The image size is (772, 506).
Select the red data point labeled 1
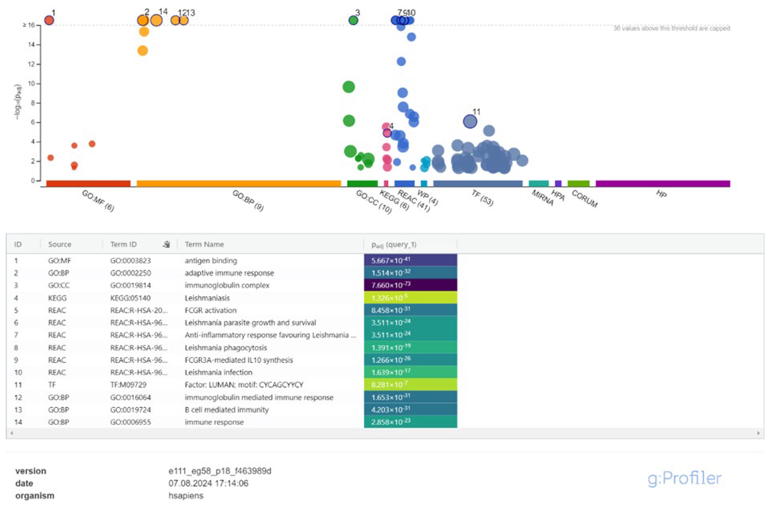tap(49, 20)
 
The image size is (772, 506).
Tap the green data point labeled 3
tap(353, 20)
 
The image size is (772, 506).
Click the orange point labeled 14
tap(156, 20)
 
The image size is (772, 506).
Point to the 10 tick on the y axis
tap(31, 84)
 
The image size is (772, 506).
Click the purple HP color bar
tap(663, 184)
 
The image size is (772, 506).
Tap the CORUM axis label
tap(584, 199)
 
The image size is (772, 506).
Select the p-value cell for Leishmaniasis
tap(410, 298)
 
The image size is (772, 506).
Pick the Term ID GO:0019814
tap(130, 285)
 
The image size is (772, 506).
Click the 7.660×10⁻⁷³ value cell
tap(410, 285)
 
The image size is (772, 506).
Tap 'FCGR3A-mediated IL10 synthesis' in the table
tap(239, 360)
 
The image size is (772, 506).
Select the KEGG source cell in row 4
tap(57, 298)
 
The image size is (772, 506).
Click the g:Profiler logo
tap(685, 479)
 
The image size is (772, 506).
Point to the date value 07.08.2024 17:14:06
tap(208, 483)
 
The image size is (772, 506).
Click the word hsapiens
tap(186, 496)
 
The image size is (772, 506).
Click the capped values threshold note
tap(671, 29)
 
